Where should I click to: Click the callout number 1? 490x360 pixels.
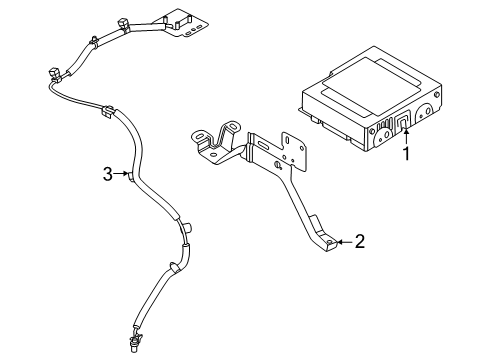[x=406, y=156]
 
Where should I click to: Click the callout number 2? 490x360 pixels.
[x=359, y=241]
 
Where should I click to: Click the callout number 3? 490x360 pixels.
[x=107, y=176]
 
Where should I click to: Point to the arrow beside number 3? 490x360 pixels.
[x=121, y=176]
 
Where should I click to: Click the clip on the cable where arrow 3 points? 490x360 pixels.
[x=131, y=177]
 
